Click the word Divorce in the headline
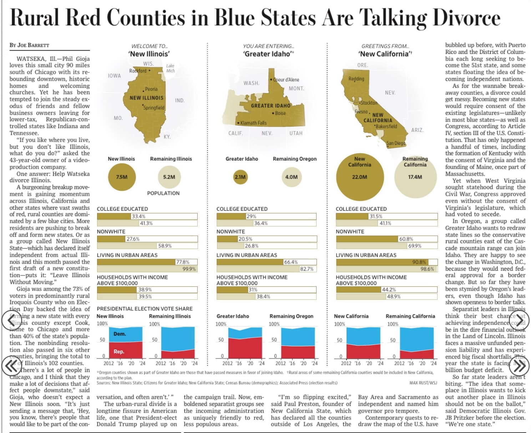click(x=466, y=18)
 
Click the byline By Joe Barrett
click(x=29, y=45)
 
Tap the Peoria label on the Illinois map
click(x=151, y=89)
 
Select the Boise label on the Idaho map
click(x=280, y=113)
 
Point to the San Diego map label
click(x=396, y=143)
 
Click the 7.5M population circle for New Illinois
click(x=122, y=177)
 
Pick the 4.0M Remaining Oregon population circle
click(x=291, y=177)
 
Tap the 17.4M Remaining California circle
click(x=415, y=177)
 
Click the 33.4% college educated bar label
click(x=138, y=216)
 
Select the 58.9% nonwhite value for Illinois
click(x=165, y=246)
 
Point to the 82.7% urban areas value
click(x=307, y=269)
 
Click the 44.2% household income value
click(x=389, y=290)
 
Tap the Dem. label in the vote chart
click(x=120, y=334)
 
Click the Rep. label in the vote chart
click(x=119, y=352)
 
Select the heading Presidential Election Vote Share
click(x=145, y=309)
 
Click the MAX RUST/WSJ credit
click(x=423, y=383)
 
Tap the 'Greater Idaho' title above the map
click(x=267, y=54)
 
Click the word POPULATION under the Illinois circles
click(x=163, y=193)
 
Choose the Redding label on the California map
click(x=356, y=79)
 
